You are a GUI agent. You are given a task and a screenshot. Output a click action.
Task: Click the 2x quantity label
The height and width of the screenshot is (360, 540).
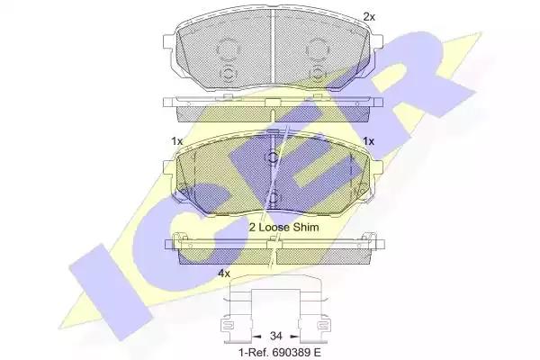369,16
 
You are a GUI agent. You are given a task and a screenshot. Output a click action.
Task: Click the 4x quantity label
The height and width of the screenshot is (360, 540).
224,274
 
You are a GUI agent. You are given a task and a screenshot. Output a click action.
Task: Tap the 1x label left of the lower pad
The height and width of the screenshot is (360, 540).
176,141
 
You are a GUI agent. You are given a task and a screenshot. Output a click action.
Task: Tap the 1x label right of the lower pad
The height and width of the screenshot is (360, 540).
368,141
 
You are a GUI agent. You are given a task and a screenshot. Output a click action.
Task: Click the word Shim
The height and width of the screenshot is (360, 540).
306,227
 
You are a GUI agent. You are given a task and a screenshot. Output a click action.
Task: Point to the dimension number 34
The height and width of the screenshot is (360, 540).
276,336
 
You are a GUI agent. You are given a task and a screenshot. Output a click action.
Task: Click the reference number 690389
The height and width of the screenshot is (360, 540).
291,353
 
